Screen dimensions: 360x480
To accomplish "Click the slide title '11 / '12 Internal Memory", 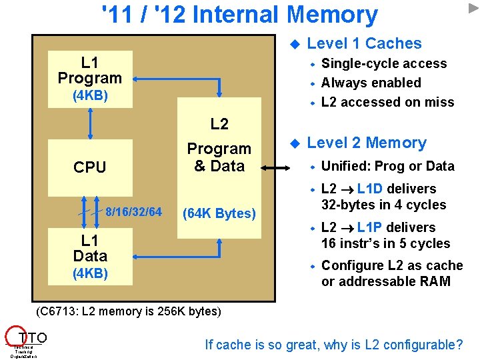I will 239,15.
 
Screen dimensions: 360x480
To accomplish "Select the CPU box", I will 90,167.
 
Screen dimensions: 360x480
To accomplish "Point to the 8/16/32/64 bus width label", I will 133,212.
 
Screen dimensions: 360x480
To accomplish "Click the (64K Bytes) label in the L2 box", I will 219,213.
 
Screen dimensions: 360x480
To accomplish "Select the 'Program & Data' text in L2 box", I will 219,157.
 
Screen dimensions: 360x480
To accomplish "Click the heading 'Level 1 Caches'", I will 364,44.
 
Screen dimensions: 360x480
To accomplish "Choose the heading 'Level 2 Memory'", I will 366,143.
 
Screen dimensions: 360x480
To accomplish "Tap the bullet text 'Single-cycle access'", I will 384,64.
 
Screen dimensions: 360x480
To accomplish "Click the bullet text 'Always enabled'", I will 371,83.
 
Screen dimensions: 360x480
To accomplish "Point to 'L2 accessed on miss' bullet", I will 387,103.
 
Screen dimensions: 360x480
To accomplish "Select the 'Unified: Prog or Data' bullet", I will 387,167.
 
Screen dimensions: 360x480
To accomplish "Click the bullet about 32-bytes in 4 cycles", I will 383,197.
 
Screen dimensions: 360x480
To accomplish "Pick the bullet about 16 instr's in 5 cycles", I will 385,235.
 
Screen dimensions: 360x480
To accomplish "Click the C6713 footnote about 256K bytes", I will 127,311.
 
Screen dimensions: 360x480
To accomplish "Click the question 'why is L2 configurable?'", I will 334,345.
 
